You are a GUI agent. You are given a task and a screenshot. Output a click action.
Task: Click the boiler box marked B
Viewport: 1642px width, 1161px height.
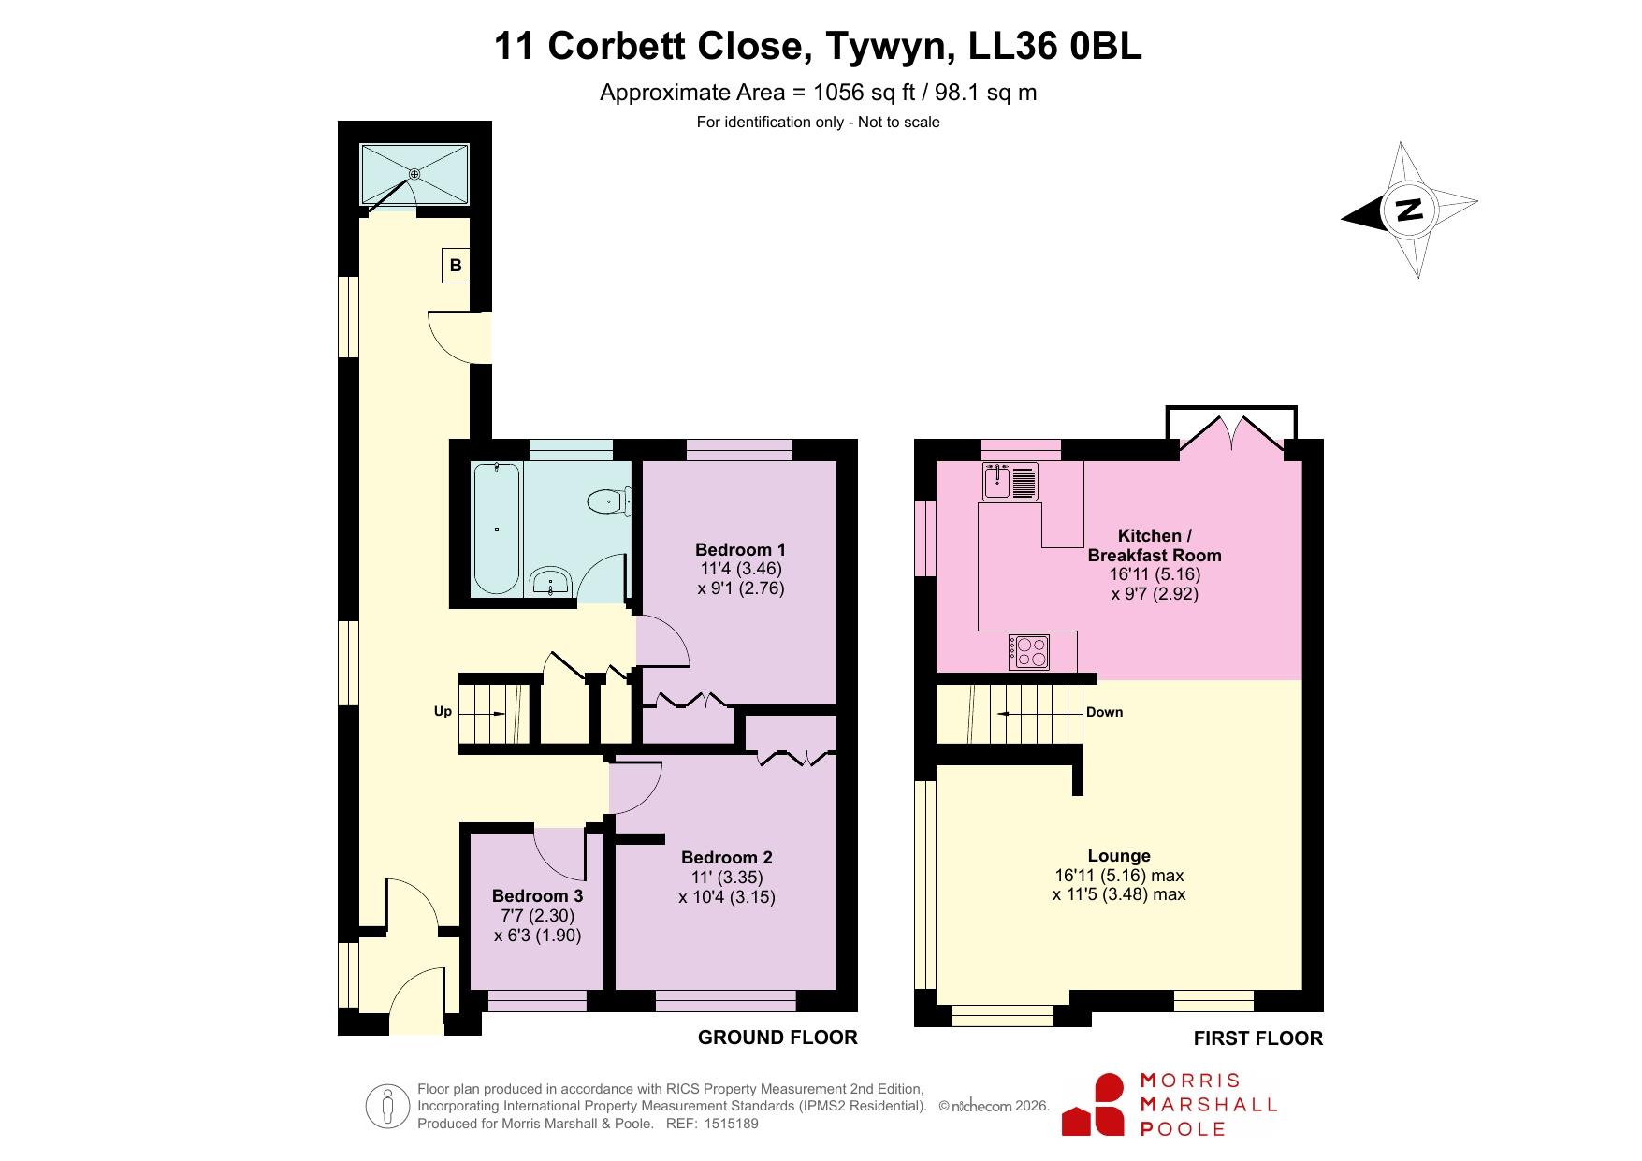(456, 265)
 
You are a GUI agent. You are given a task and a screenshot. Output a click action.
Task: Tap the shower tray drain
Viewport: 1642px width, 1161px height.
(414, 174)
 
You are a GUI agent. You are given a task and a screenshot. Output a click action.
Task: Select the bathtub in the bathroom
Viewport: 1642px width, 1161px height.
(496, 529)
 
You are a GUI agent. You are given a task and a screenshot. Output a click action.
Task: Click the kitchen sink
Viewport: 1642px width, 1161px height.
(1010, 482)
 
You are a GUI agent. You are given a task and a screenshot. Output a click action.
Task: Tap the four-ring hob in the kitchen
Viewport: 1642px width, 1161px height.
(1029, 652)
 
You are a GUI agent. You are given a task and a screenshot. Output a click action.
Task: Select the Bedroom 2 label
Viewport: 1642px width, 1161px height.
(727, 857)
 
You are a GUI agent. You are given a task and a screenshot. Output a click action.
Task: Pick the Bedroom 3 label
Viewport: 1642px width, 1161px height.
(538, 896)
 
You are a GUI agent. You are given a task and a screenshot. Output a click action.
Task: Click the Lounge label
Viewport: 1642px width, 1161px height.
(1119, 855)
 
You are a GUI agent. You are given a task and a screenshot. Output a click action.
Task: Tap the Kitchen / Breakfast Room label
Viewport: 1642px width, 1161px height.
(1155, 545)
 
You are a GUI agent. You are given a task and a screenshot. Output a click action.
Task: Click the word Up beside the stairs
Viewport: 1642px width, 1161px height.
(443, 712)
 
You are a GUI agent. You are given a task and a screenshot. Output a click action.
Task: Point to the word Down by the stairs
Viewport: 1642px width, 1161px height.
(1104, 712)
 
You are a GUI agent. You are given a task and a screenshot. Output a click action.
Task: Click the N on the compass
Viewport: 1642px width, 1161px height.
(1409, 210)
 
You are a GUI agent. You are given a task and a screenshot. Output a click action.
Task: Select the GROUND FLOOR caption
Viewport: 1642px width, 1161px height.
(777, 1037)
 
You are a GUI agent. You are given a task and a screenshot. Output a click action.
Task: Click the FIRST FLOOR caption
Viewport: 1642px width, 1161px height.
(1258, 1038)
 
